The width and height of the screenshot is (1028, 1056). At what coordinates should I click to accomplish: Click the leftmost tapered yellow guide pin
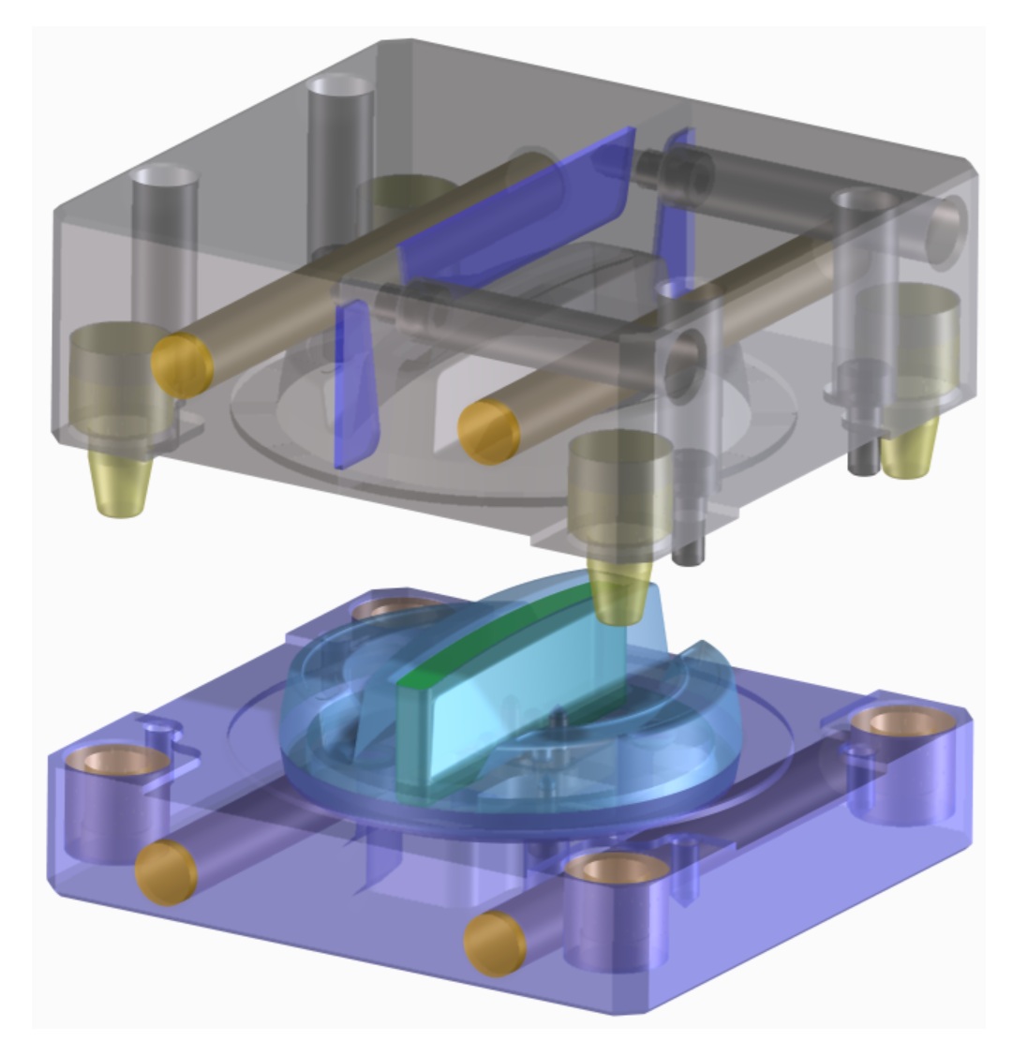pos(121,483)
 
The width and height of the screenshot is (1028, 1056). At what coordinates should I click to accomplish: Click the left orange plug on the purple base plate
pos(166,872)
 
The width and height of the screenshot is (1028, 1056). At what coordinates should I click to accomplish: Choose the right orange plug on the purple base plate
pos(496,944)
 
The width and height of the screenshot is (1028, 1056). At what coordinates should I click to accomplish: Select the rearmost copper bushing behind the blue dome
pos(389,612)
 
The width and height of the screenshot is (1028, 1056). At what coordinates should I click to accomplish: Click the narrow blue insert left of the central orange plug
pos(355,384)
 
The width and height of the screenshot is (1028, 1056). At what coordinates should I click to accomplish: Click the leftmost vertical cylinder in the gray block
pos(165,244)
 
